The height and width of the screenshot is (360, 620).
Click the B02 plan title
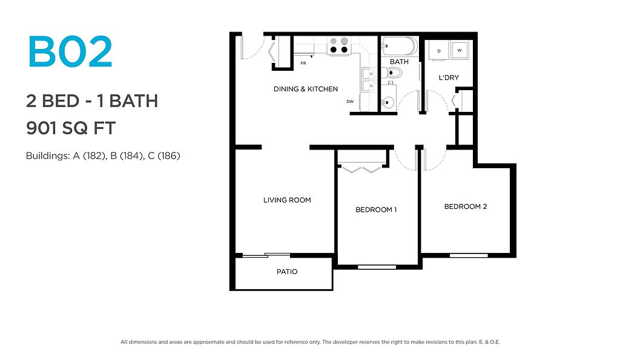[x=70, y=52]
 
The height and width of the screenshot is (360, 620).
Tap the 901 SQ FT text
[x=71, y=128]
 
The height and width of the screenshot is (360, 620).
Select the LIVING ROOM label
[x=287, y=200]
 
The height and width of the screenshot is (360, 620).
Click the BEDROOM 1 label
[x=376, y=209]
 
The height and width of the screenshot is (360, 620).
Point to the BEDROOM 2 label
[x=466, y=206]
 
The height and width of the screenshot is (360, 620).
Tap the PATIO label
[x=287, y=272]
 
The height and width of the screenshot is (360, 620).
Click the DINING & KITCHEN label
[x=306, y=89]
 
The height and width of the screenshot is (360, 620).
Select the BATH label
[x=399, y=62]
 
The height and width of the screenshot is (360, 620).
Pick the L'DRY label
[x=449, y=77]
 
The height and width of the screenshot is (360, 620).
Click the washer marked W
[x=460, y=50]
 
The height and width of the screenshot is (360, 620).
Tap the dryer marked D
[x=439, y=51]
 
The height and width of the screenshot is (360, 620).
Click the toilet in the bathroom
[x=392, y=73]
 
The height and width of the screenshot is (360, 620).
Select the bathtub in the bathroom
[x=399, y=46]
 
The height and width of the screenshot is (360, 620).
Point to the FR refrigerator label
[x=303, y=64]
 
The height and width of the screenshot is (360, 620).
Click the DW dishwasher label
[x=350, y=102]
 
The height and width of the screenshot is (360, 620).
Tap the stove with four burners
[x=339, y=45]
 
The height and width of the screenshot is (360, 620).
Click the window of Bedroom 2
[x=469, y=255]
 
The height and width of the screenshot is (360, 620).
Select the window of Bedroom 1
[x=377, y=267]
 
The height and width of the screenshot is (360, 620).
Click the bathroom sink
[x=388, y=102]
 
